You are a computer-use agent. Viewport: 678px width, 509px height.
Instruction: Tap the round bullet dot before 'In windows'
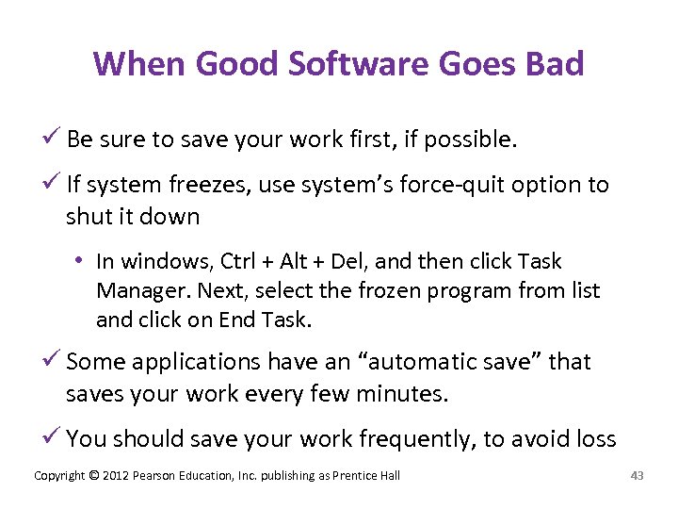[x=82, y=261]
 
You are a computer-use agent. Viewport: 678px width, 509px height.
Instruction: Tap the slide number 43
[x=637, y=475]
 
